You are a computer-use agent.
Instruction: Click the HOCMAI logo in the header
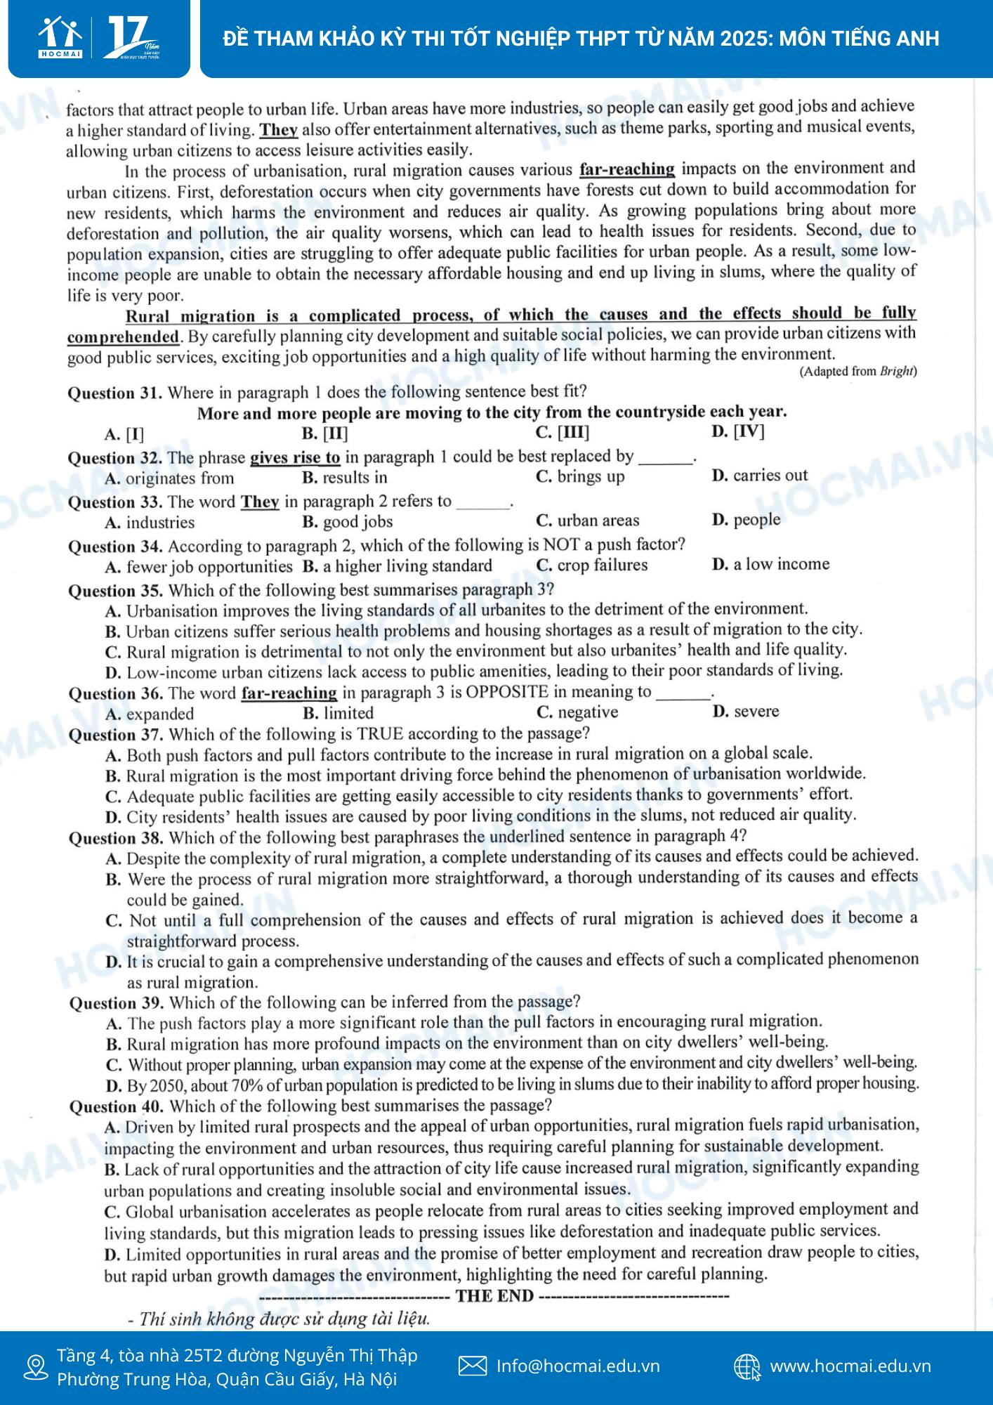coord(60,37)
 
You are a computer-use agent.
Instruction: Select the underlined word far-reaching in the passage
coord(626,169)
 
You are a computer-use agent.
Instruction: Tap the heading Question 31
coord(114,393)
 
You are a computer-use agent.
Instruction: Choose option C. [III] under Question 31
coord(562,432)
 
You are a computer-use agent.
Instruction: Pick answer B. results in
coord(344,478)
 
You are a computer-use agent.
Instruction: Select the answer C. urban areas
coord(587,521)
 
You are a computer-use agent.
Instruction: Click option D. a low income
coord(770,564)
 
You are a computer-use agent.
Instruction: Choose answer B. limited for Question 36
coord(338,713)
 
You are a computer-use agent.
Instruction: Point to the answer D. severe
coord(745,712)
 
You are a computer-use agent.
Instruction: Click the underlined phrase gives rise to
coord(295,458)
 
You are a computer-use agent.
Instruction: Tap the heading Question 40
coord(116,1106)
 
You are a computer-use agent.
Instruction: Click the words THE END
coord(494,1296)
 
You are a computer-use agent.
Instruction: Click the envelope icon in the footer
coord(472,1366)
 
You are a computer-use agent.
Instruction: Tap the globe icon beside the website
coord(747,1367)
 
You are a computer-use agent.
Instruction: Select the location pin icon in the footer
coord(35,1367)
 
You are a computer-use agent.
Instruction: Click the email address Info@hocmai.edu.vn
coord(577,1366)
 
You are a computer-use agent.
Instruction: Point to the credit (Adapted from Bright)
coord(857,372)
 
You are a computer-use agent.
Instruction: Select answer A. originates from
coord(169,479)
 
